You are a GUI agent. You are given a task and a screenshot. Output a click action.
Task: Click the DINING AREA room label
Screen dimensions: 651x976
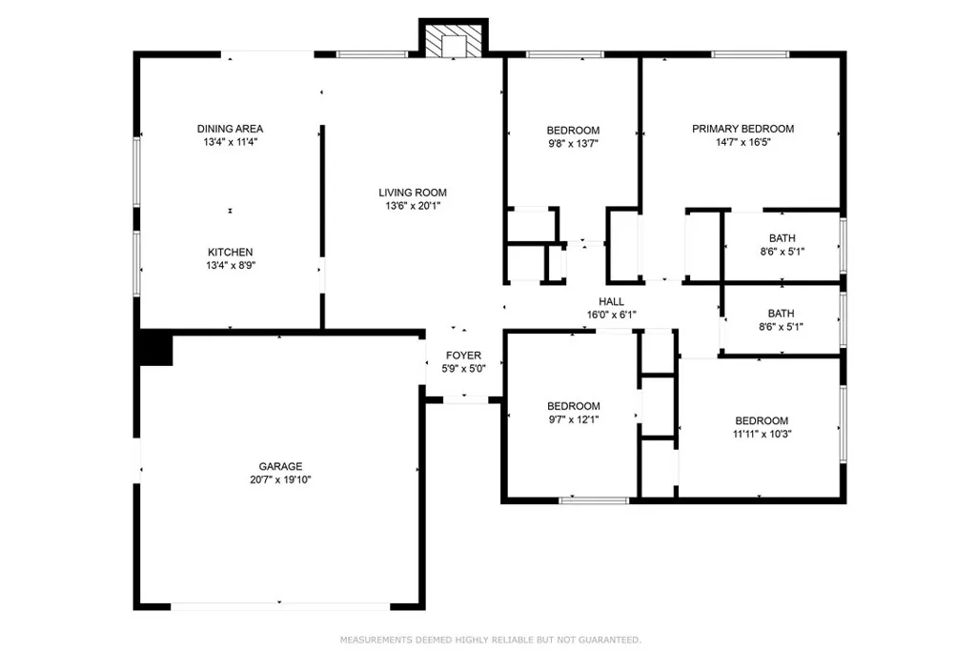click(230, 129)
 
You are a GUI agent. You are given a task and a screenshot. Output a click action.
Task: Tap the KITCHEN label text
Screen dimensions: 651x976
click(230, 253)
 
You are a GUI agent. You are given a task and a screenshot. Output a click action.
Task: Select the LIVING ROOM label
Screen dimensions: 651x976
click(412, 193)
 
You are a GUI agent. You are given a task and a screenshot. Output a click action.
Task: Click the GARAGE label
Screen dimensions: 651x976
click(280, 466)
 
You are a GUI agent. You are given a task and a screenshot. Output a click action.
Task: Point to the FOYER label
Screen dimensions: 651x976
click(464, 355)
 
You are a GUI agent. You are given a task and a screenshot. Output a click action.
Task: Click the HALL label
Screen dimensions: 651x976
click(611, 301)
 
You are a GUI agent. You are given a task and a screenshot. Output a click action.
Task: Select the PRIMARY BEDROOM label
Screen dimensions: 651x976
click(742, 129)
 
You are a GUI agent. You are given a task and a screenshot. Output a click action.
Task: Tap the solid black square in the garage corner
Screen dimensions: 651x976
click(154, 349)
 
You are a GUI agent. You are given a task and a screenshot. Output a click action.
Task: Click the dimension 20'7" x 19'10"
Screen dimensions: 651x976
click(280, 479)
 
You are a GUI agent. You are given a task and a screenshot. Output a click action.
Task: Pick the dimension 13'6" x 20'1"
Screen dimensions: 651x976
click(412, 205)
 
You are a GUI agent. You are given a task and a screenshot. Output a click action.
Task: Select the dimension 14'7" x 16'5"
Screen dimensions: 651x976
click(742, 142)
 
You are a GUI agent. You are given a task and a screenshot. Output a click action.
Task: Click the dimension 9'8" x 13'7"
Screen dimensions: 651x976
click(573, 143)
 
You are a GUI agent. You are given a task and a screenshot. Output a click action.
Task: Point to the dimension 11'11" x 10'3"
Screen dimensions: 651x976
click(762, 434)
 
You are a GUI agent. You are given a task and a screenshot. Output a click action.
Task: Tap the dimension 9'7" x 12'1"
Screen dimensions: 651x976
click(573, 418)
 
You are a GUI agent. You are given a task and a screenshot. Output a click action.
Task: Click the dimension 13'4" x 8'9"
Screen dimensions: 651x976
click(230, 266)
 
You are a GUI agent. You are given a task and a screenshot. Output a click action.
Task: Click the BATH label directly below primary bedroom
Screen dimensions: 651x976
click(783, 238)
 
